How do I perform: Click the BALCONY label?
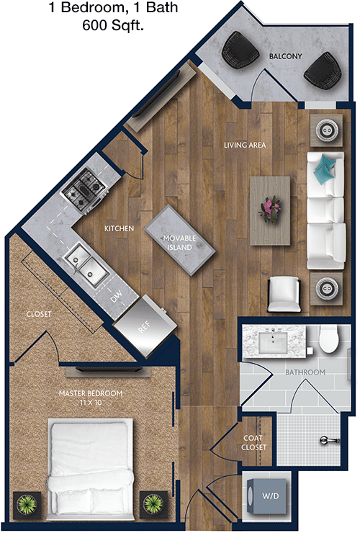click(285, 56)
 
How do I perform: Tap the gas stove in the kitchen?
click(84, 190)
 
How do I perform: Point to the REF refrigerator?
click(145, 326)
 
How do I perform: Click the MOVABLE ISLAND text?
click(179, 242)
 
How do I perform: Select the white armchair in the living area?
click(284, 294)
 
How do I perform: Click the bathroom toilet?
click(330, 339)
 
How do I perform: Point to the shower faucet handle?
click(330, 441)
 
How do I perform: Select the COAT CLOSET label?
click(253, 442)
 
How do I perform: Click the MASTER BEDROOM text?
click(91, 393)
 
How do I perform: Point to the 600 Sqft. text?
click(113, 25)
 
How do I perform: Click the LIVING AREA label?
click(245, 145)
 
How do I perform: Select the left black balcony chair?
click(240, 50)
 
